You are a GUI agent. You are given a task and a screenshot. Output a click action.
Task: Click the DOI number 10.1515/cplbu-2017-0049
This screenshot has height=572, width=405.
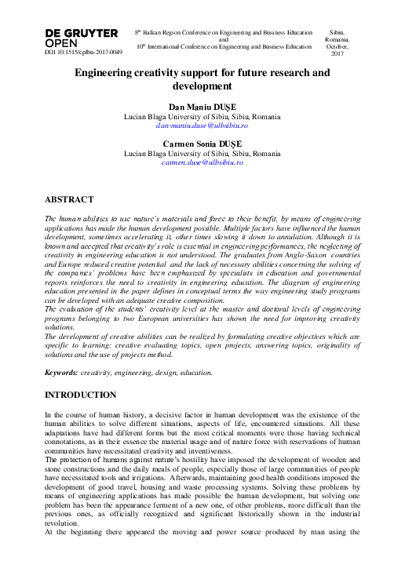pos(83,52)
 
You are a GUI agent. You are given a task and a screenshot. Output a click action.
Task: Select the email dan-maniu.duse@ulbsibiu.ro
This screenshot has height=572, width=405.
pos(202,125)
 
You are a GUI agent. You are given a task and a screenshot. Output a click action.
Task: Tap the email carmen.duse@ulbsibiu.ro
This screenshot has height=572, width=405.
pos(202,162)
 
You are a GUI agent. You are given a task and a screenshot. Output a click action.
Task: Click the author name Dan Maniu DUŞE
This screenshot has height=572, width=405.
pos(202,106)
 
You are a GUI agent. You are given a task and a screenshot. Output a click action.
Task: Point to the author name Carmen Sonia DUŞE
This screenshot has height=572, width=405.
pos(202,144)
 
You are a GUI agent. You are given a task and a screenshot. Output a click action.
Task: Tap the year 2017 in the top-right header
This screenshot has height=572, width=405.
pos(337,53)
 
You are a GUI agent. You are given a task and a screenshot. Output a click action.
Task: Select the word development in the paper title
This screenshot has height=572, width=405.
pos(202,86)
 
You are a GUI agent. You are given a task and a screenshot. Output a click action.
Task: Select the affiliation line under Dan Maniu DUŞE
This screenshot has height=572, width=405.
pos(202,115)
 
